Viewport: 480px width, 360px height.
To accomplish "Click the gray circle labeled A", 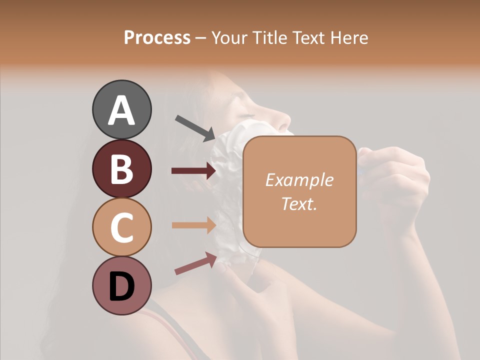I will [x=121, y=109].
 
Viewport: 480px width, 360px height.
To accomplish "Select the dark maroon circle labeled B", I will [x=121, y=168].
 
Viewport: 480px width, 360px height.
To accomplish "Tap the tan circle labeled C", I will [x=121, y=227].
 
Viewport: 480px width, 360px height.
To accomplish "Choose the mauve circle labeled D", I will [x=121, y=285].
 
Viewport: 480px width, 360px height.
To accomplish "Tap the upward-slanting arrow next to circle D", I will [x=195, y=263].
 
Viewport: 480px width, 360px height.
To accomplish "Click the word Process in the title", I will [x=157, y=37].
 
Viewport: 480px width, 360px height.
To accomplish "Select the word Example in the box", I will [x=299, y=180].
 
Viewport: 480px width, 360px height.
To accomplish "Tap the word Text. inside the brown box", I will [x=299, y=203].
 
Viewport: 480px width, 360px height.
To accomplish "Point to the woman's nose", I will [x=284, y=120].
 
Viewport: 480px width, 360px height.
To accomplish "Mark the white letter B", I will [x=121, y=168].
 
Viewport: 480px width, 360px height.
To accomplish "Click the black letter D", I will [x=121, y=286].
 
